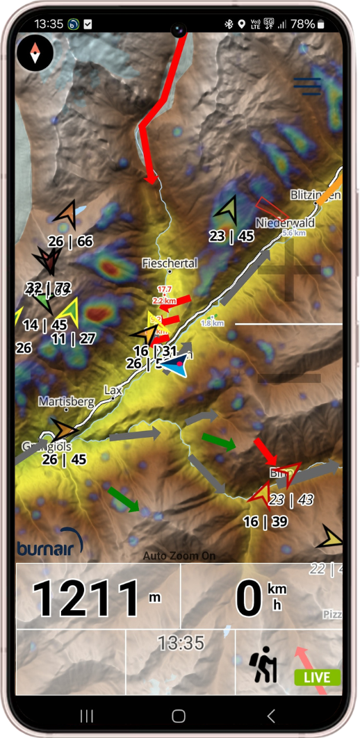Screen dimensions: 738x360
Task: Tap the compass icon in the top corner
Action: [x=35, y=53]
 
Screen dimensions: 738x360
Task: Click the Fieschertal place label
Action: [x=170, y=263]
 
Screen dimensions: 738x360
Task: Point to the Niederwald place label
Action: [x=285, y=223]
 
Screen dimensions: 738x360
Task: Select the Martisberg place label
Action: [x=65, y=401]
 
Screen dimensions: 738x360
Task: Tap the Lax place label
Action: [x=113, y=391]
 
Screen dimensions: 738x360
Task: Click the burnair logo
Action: [x=49, y=546]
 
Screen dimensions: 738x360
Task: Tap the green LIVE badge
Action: [x=317, y=677]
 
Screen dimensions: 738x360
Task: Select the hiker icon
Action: [x=263, y=664]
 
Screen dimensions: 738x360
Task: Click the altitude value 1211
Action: [x=87, y=598]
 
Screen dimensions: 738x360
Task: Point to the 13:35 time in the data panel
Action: [x=181, y=643]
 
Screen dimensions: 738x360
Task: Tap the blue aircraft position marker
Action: [x=175, y=365]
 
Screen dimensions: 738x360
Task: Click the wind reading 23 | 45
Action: [x=231, y=236]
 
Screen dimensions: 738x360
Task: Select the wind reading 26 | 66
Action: [x=71, y=241]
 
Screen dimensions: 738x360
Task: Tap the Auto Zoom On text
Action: [x=179, y=556]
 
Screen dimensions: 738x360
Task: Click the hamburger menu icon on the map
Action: [x=306, y=85]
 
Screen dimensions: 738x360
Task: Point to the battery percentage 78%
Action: [x=302, y=24]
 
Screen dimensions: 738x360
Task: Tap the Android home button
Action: [x=179, y=716]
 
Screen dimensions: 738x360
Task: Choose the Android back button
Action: [x=271, y=716]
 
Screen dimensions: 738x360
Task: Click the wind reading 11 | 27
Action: [x=74, y=338]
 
